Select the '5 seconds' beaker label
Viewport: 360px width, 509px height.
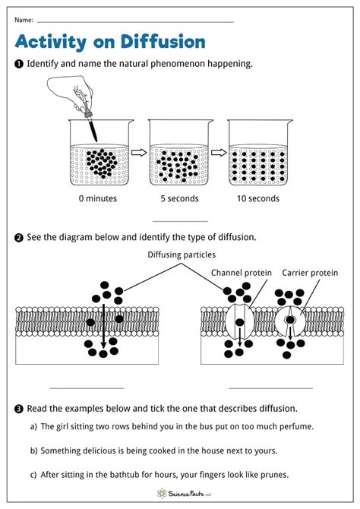pyautogui.click(x=178, y=198)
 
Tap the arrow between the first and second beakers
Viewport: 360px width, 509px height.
pyautogui.click(x=138, y=153)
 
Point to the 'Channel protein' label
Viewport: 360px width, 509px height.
pyautogui.click(x=240, y=273)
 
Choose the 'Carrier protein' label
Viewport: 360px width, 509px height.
pyautogui.click(x=310, y=273)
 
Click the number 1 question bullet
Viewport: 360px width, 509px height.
pyautogui.click(x=19, y=65)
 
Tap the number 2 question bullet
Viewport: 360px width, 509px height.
pyautogui.click(x=19, y=238)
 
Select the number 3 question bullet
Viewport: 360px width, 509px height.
pyautogui.click(x=19, y=409)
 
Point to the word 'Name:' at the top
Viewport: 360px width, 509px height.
pyautogui.click(x=24, y=17)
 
